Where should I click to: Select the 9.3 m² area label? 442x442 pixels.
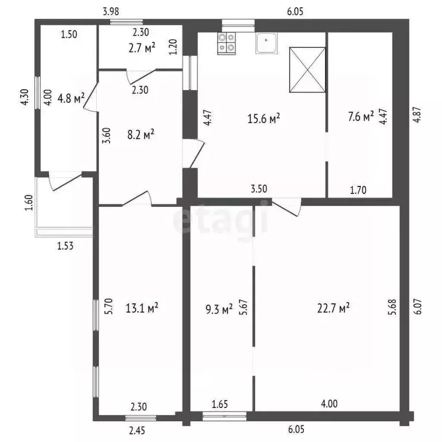(219, 309)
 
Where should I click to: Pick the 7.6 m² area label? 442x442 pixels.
(360, 117)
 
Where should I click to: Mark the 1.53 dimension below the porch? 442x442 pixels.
(65, 246)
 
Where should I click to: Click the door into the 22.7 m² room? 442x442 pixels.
(286, 206)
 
